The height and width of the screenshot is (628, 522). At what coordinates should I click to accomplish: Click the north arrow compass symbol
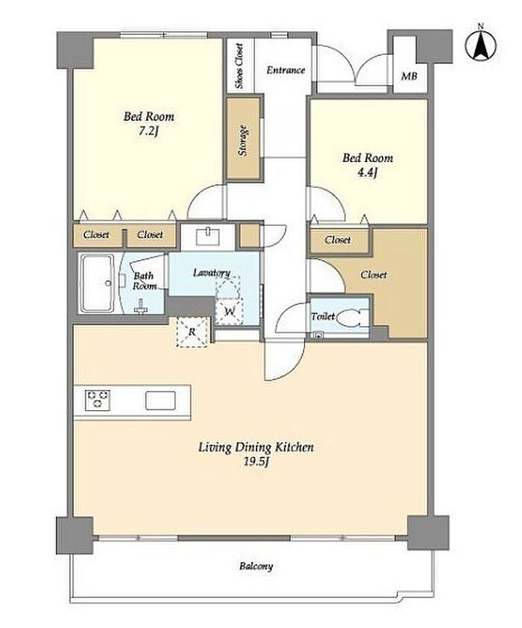(x=480, y=44)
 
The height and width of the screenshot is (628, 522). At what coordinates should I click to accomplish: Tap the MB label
(x=409, y=75)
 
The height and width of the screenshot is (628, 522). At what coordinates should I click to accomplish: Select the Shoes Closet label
(x=239, y=66)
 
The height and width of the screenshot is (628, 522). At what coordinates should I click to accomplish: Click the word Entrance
(x=286, y=70)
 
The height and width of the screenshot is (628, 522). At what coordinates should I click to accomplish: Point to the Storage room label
(x=242, y=140)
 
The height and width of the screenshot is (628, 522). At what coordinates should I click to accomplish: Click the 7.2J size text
(x=149, y=131)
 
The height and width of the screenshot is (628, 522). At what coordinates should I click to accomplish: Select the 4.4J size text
(x=368, y=172)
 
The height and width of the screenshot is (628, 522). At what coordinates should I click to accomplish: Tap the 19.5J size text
(x=256, y=462)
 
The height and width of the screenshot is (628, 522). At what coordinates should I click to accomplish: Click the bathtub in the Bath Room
(x=97, y=283)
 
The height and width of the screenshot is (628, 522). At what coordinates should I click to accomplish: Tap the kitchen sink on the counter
(x=160, y=401)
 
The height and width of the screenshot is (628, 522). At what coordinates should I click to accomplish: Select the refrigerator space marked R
(x=192, y=332)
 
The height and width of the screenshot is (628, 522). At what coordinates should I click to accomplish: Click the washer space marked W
(x=229, y=311)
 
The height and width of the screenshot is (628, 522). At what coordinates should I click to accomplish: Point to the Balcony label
(x=257, y=566)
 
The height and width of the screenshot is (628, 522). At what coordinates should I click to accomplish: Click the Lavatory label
(x=212, y=273)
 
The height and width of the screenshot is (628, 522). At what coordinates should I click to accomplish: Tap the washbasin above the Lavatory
(x=208, y=236)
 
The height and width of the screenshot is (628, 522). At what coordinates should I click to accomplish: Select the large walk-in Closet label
(x=374, y=274)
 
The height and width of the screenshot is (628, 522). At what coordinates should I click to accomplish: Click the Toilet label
(x=323, y=316)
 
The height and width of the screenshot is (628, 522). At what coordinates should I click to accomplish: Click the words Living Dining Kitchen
(x=257, y=447)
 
